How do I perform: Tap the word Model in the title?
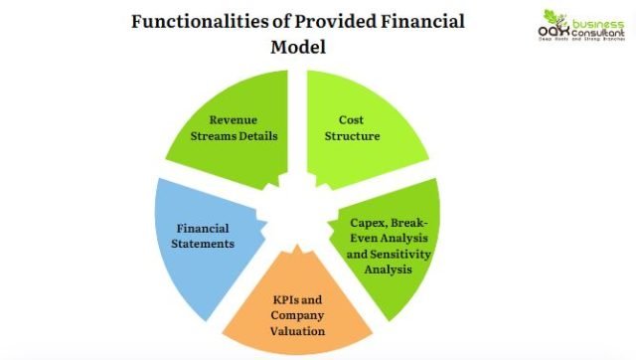(x=297, y=47)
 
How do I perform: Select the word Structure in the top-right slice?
(x=353, y=136)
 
